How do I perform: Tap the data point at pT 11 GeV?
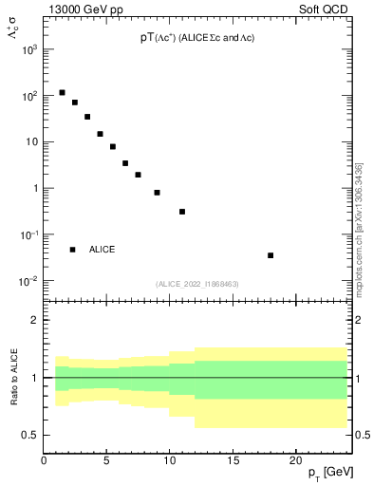click(182, 212)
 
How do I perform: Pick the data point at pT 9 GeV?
click(157, 193)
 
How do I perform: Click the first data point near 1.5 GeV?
click(63, 93)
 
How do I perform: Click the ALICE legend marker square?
click(72, 250)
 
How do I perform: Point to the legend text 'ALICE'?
click(103, 250)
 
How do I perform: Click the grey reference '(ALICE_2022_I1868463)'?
click(196, 284)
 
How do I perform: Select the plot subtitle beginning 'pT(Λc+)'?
click(196, 37)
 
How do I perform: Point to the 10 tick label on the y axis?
click(30, 142)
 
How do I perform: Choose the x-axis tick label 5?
click(107, 462)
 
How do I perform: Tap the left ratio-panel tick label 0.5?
click(31, 435)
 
